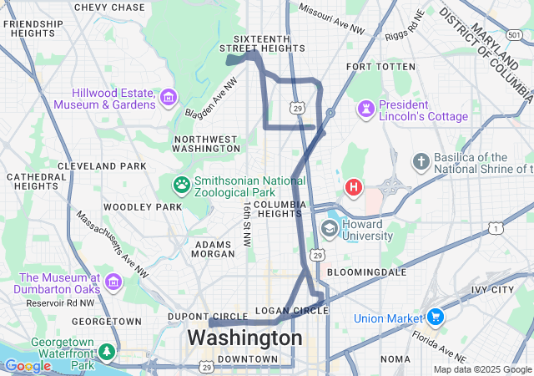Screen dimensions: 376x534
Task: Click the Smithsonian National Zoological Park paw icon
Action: point(181,183)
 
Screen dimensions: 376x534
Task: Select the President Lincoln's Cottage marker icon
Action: point(365,109)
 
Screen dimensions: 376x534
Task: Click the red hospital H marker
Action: point(354,187)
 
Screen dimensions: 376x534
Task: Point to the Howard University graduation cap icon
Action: point(330,228)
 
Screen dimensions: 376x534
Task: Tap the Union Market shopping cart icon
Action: point(435,317)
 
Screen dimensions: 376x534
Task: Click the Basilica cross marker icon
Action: point(421,160)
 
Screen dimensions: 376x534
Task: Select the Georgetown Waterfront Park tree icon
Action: point(106,352)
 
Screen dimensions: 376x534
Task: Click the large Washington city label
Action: point(244,338)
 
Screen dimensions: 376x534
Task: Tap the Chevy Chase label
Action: point(109,7)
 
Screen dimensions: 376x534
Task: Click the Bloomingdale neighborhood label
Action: point(366,272)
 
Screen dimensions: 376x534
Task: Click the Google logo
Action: point(28,366)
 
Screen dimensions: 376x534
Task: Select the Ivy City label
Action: point(491,290)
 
